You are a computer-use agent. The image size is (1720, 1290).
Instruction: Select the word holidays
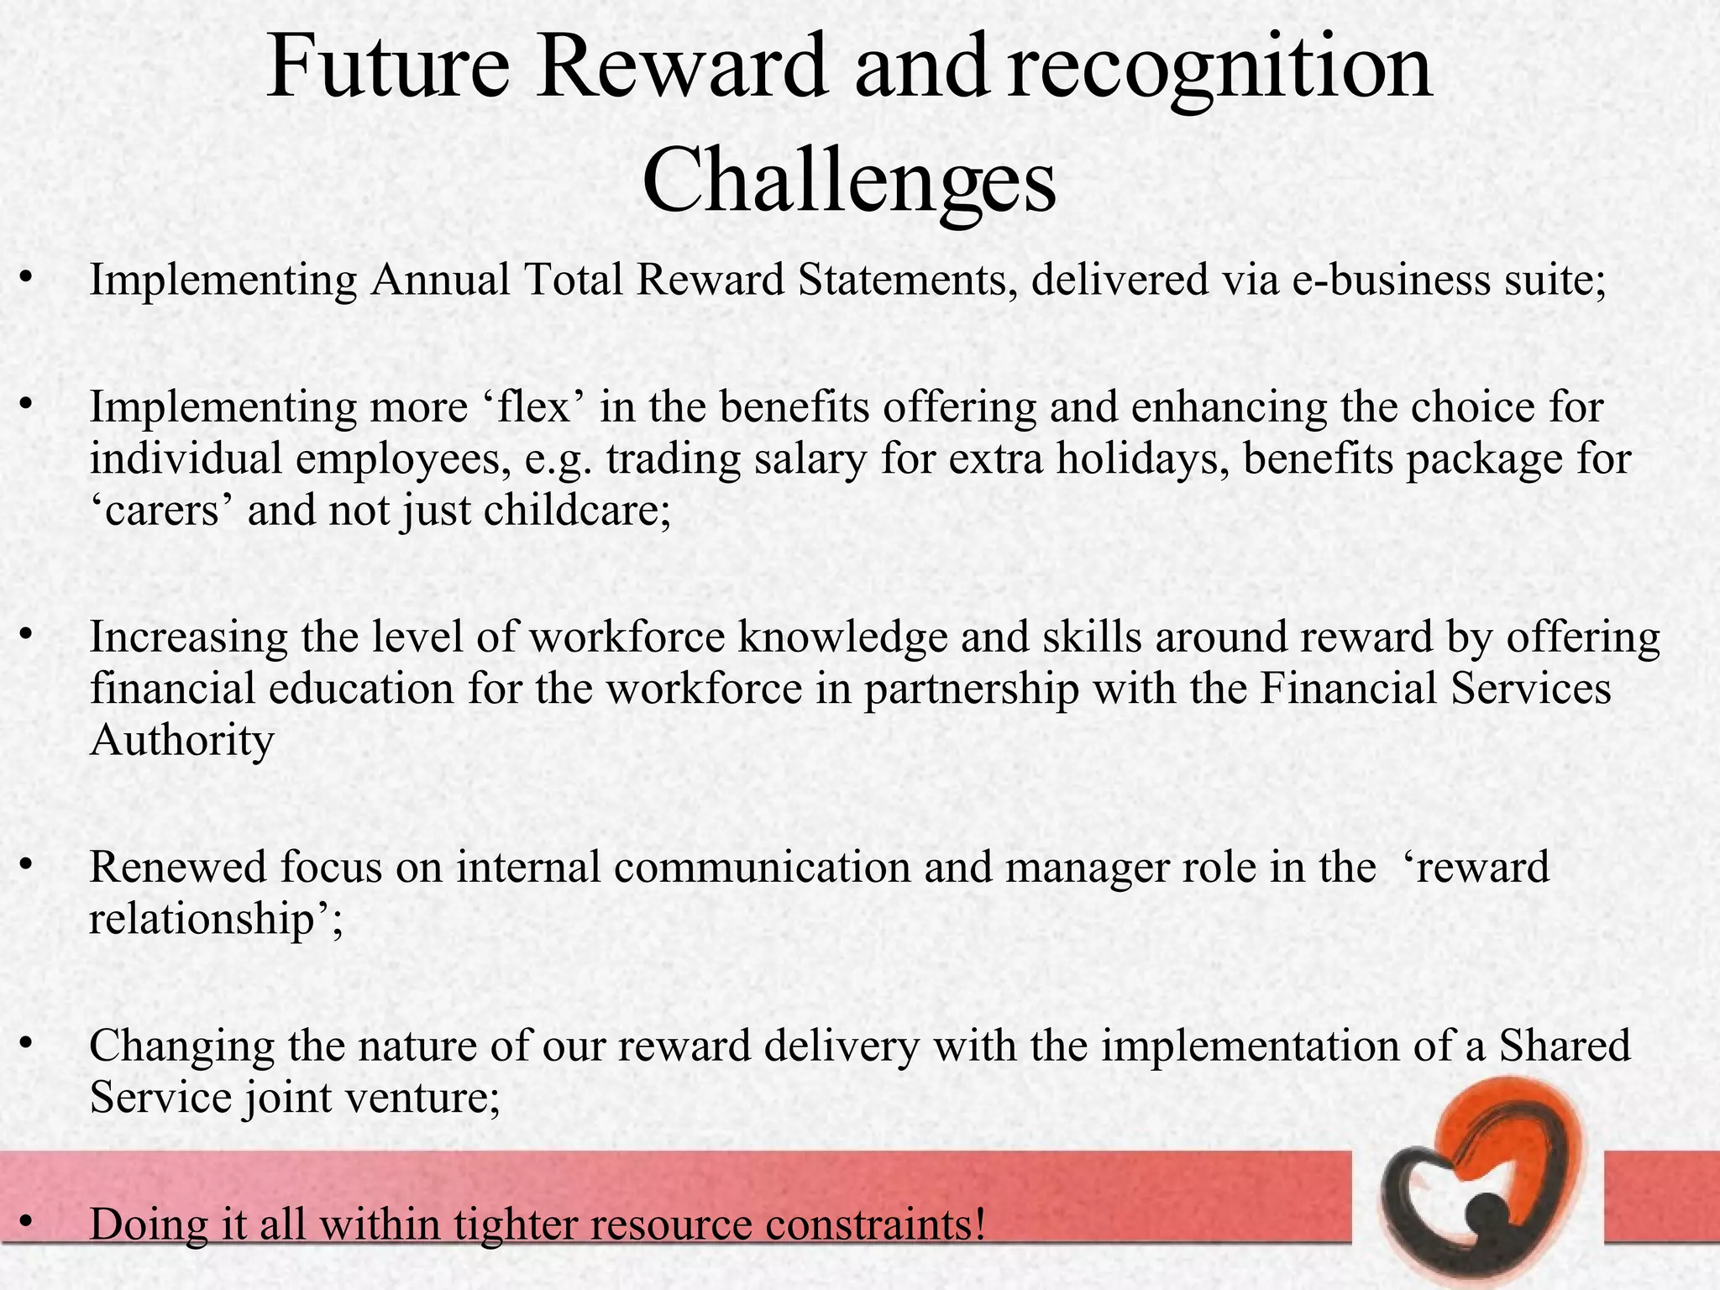tap(1142, 459)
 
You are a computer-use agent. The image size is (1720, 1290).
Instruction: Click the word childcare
tap(577, 511)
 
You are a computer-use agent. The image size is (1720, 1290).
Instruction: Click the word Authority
tap(181, 741)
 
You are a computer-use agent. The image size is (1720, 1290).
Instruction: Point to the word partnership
tap(971, 690)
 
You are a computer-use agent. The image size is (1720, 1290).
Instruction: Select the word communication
tap(762, 868)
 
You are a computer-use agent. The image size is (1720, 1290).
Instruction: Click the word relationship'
tap(216, 920)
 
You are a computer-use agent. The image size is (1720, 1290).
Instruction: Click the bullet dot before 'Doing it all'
tap(27, 1222)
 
